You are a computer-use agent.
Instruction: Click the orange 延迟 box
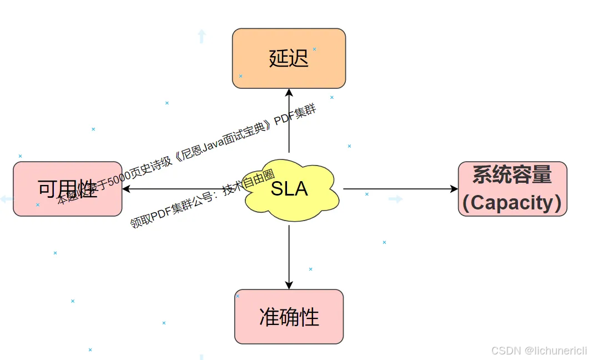click(x=289, y=58)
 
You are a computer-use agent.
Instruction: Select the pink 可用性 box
click(x=67, y=189)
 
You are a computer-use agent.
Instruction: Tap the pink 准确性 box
click(x=289, y=317)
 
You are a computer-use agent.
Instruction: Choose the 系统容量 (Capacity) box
click(x=512, y=189)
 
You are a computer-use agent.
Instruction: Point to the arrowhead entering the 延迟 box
click(x=289, y=92)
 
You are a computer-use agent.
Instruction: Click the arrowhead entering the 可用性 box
click(x=127, y=189)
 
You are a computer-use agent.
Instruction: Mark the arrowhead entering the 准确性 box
click(x=289, y=284)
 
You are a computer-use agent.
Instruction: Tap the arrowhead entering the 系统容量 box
click(x=454, y=189)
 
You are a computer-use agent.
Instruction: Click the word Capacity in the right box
click(x=512, y=203)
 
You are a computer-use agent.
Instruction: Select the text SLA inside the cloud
click(x=289, y=189)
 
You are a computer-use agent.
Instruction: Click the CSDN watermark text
click(x=505, y=351)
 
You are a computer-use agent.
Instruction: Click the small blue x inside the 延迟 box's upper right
click(x=314, y=49)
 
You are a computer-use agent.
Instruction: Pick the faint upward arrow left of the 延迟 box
click(x=202, y=37)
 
